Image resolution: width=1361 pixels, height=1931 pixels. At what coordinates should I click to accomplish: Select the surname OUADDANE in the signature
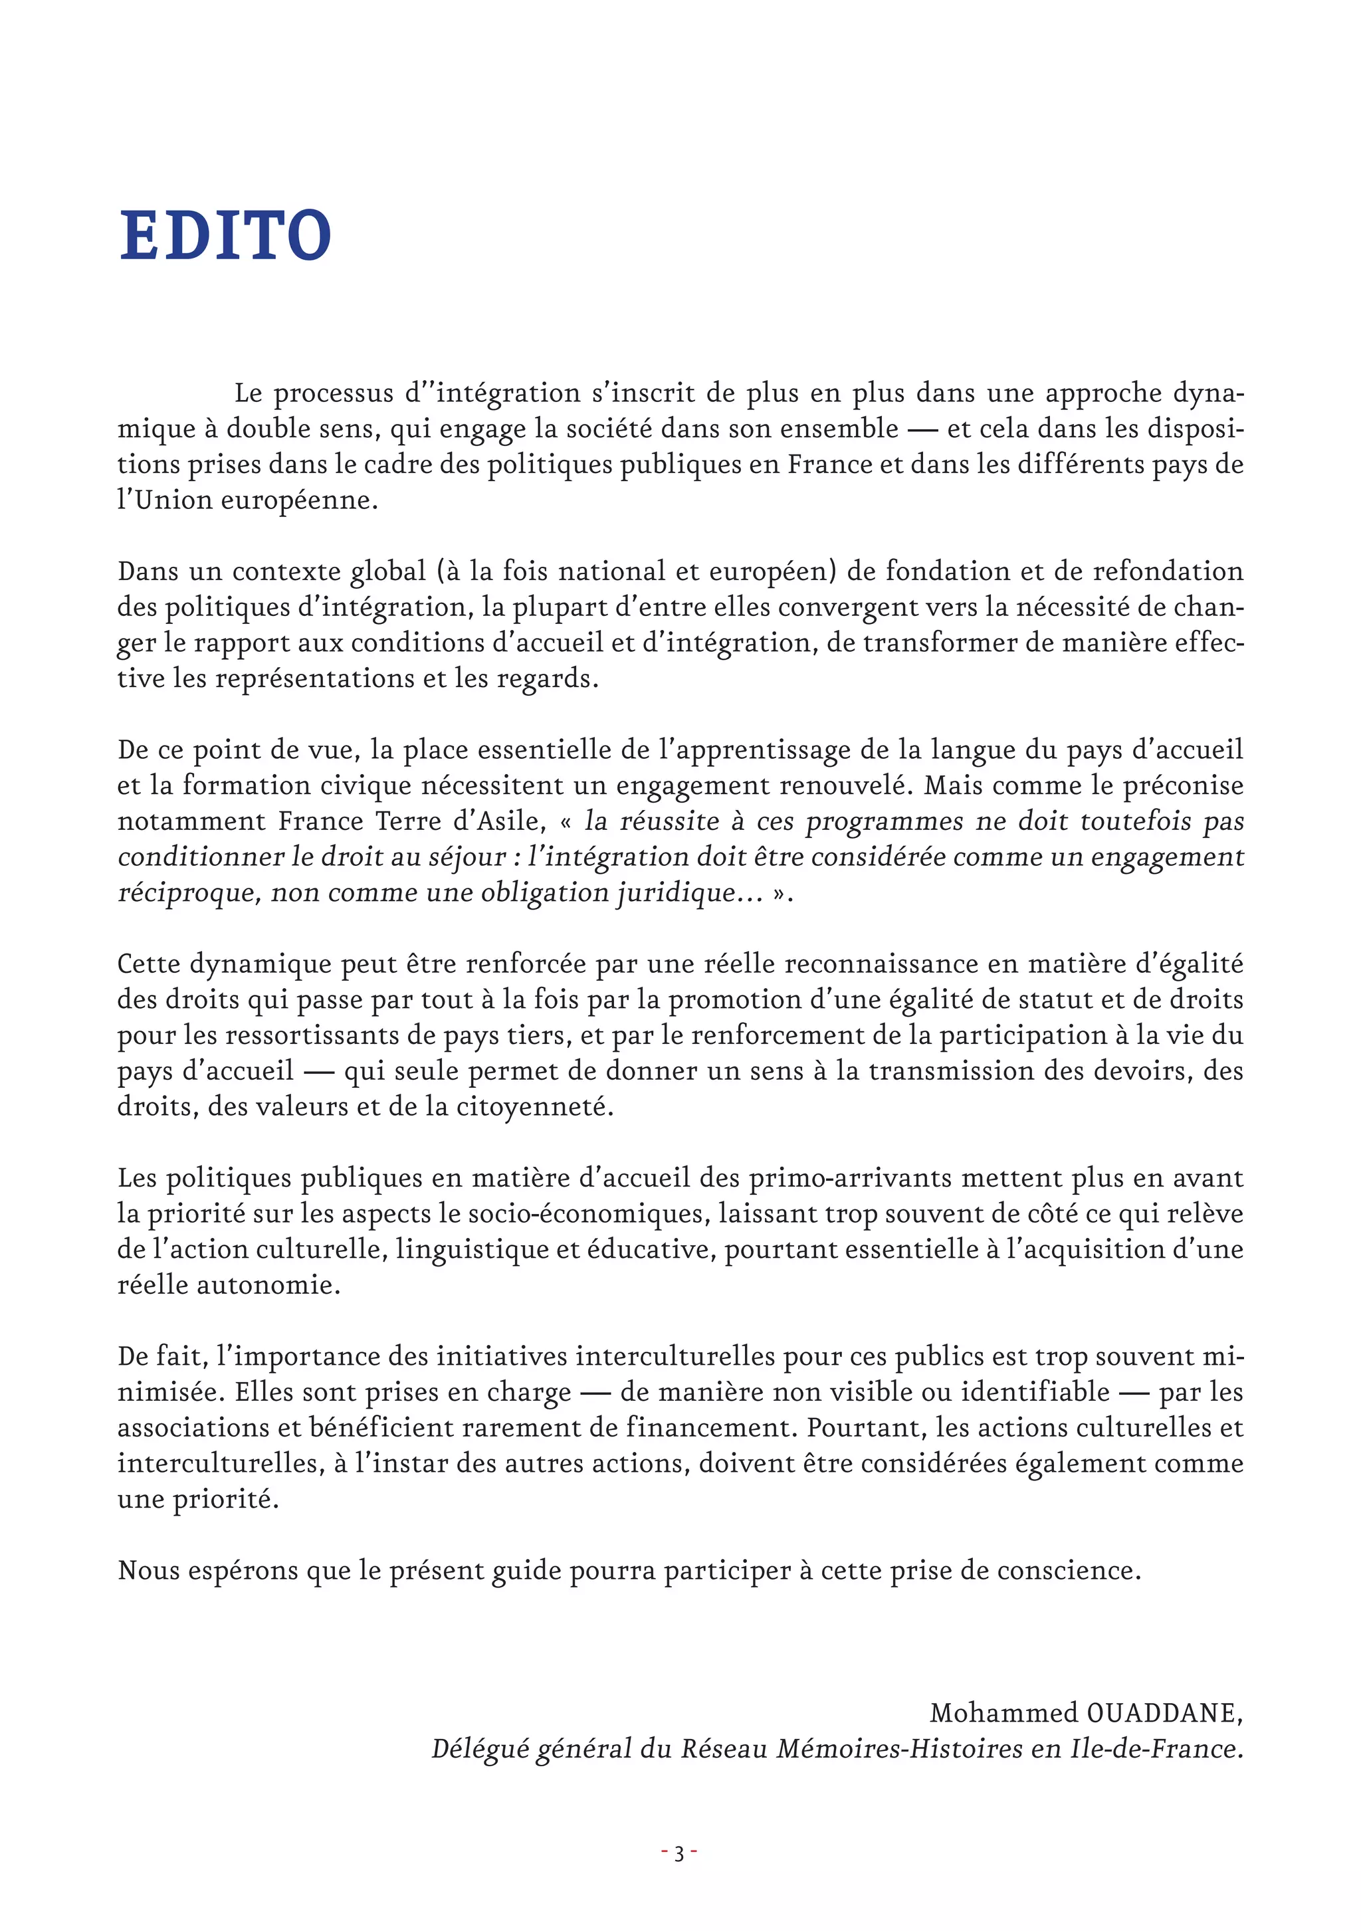click(1161, 1712)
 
